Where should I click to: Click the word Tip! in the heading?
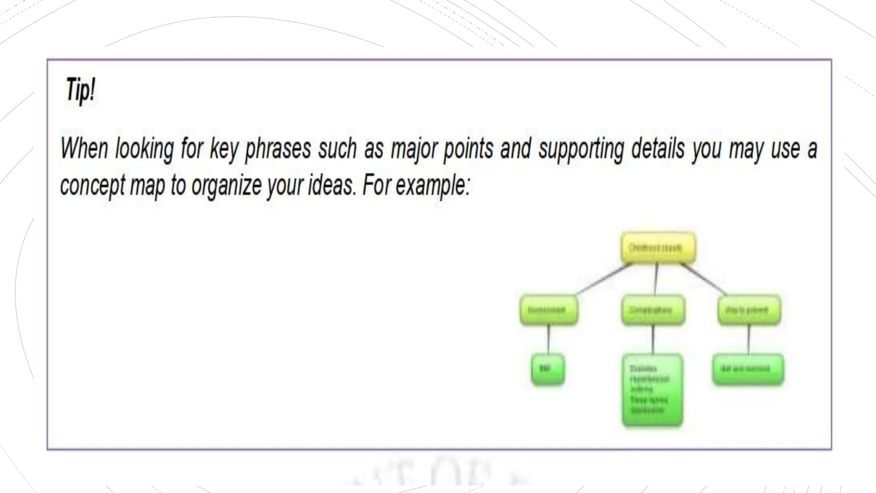(x=80, y=90)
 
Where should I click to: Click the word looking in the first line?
(x=144, y=149)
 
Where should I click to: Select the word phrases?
(x=278, y=149)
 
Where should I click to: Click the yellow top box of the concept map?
(x=658, y=248)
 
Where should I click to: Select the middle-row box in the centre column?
(x=653, y=310)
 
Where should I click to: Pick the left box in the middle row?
(x=549, y=310)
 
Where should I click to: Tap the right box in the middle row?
(x=749, y=310)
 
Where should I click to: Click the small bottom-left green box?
(x=547, y=369)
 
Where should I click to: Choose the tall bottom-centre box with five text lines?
(x=652, y=390)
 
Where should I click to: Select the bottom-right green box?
(x=748, y=369)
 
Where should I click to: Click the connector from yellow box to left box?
(x=604, y=279)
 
